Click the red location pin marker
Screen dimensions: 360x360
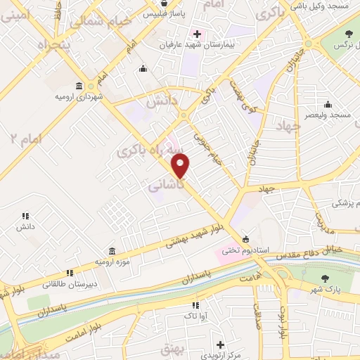pyautogui.click(x=181, y=165)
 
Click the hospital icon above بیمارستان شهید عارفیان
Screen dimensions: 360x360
pyautogui.click(x=196, y=32)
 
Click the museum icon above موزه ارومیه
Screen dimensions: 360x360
pyautogui.click(x=112, y=251)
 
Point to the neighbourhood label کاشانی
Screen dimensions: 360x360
pyautogui.click(x=167, y=186)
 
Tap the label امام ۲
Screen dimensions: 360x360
pyautogui.click(x=27, y=137)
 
